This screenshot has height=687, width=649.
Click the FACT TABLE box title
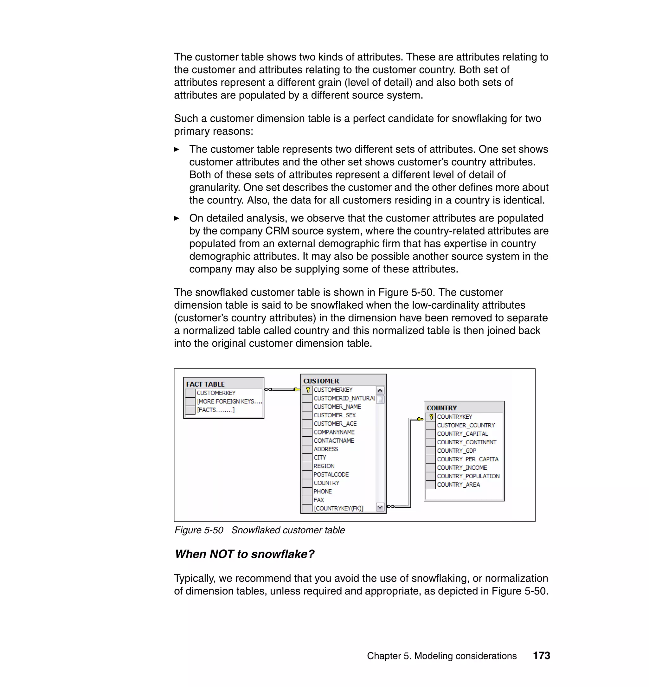pyautogui.click(x=205, y=384)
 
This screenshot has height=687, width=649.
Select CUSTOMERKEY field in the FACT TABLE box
pyautogui.click(x=216, y=393)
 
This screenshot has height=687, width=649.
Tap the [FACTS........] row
pyautogui.click(x=215, y=410)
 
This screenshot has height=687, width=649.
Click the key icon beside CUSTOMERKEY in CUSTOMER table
pyautogui.click(x=308, y=390)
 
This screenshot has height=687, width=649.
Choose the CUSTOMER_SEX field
pyautogui.click(x=334, y=415)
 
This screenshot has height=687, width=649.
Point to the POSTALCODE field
pyautogui.click(x=331, y=475)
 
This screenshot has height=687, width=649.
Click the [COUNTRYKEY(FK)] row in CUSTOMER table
pyautogui.click(x=338, y=508)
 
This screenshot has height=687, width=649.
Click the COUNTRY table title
pyautogui.click(x=441, y=408)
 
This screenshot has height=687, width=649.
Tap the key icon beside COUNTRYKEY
pyautogui.click(x=431, y=417)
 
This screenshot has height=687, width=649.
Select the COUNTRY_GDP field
pyautogui.click(x=456, y=451)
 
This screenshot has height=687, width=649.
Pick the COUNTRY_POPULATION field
pyautogui.click(x=468, y=476)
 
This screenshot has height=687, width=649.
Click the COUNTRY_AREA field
pyautogui.click(x=458, y=485)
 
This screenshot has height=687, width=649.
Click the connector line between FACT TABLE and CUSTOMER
pyautogui.click(x=282, y=389)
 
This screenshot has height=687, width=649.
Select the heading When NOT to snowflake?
pyautogui.click(x=244, y=554)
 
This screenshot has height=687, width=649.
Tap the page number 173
pyautogui.click(x=541, y=656)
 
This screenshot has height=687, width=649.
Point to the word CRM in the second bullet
pyautogui.click(x=277, y=231)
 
